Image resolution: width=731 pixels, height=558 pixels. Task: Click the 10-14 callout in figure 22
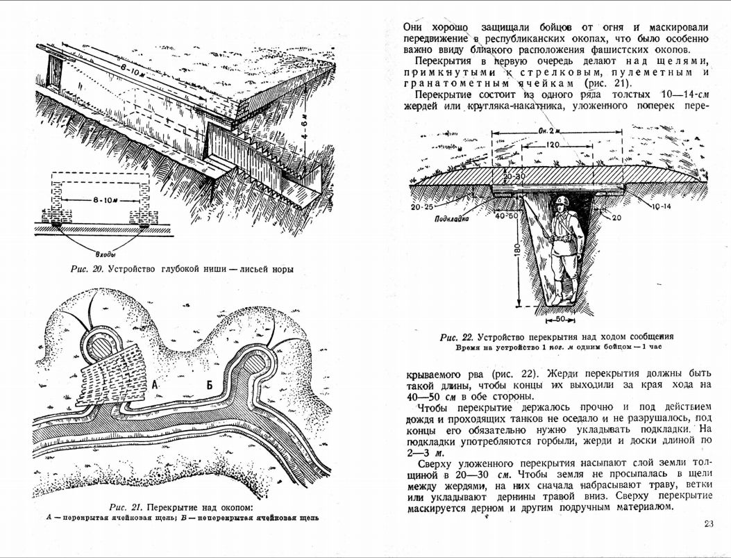[662, 206]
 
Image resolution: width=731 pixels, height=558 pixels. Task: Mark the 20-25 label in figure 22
[421, 206]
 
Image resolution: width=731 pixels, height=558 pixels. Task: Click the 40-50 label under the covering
[508, 216]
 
